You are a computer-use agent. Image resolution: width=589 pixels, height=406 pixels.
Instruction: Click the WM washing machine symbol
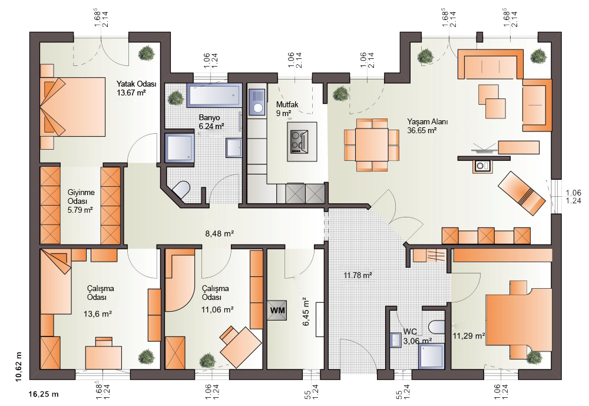[x=277, y=311]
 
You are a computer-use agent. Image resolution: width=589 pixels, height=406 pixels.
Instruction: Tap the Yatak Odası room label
[x=137, y=84]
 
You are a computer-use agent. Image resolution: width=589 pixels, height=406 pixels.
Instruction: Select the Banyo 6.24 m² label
[x=211, y=122]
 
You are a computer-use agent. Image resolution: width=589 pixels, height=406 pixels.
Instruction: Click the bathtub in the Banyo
[x=214, y=95]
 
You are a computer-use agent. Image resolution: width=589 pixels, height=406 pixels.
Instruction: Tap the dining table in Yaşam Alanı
[x=372, y=145]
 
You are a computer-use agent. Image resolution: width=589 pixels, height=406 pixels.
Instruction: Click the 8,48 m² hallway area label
[x=219, y=233]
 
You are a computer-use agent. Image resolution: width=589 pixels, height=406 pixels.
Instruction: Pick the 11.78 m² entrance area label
[x=358, y=275]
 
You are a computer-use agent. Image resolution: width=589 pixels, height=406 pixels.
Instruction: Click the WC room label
[x=410, y=332]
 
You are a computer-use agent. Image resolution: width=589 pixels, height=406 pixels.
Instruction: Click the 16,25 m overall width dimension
[x=44, y=394]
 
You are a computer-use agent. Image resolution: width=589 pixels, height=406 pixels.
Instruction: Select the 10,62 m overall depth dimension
[x=19, y=367]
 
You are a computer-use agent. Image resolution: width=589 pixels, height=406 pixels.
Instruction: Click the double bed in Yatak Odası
[x=72, y=107]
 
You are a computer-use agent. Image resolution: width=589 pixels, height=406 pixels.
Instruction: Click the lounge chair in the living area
[x=521, y=193]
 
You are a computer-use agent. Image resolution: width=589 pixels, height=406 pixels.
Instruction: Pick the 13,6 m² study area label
[x=97, y=313]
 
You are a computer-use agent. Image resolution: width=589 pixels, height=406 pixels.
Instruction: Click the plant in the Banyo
[x=176, y=98]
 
